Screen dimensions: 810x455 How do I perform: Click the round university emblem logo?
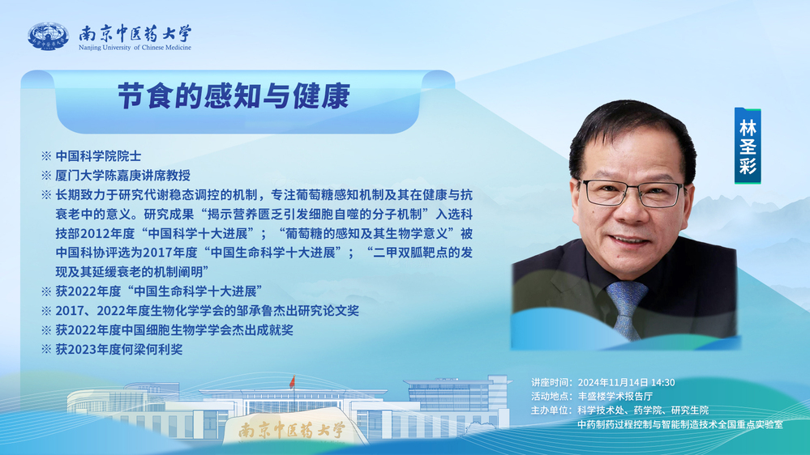[48, 36]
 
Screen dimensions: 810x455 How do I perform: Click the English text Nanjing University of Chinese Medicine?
[135, 48]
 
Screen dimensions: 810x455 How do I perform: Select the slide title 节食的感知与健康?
[234, 96]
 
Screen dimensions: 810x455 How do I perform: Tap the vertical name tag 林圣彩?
[748, 146]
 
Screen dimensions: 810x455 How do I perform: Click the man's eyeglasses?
[632, 192]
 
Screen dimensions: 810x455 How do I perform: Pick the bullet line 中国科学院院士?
[98, 156]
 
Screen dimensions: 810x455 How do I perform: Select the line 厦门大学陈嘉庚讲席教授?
[123, 176]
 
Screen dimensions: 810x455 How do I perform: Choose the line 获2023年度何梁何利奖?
[119, 349]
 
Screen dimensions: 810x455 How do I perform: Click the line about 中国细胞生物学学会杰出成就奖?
[174, 330]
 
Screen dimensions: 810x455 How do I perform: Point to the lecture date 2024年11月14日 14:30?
[626, 382]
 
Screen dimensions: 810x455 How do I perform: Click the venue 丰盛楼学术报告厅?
[615, 396]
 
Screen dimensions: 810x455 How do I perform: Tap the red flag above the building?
[293, 382]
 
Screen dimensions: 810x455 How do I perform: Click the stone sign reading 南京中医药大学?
[292, 429]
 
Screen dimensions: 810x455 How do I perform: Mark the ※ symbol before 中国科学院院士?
[46, 156]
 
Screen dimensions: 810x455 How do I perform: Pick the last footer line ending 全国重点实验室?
[680, 424]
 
